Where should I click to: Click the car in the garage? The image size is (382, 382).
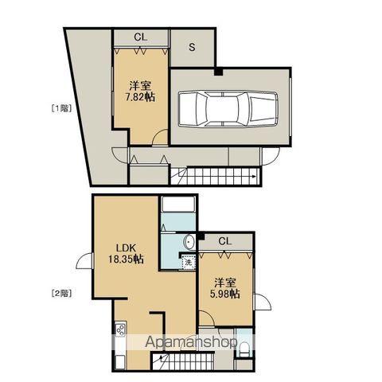[x=228, y=109]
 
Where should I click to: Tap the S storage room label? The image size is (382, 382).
[x=192, y=47]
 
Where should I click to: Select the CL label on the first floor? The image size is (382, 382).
[x=141, y=37]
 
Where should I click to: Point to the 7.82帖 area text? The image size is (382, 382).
[x=140, y=97]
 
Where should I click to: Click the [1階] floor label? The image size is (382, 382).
[x=61, y=108]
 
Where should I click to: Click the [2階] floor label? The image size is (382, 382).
[x=61, y=293]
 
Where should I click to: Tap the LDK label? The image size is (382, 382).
[x=126, y=248]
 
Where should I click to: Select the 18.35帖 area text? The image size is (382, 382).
[x=126, y=259]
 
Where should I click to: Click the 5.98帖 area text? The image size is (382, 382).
[x=225, y=294]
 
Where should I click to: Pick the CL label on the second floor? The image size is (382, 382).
[x=225, y=241]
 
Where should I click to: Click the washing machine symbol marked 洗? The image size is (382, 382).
[x=189, y=263]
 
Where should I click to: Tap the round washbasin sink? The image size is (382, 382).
[x=189, y=242]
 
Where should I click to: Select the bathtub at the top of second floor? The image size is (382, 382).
[x=178, y=204]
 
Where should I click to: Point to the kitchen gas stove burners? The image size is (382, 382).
[x=120, y=329]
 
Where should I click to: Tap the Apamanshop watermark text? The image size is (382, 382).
[x=191, y=342]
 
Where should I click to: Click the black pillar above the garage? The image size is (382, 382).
[x=219, y=72]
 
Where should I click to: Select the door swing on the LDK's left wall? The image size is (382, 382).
[x=84, y=261]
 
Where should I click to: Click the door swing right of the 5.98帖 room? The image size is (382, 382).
[x=263, y=302]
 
